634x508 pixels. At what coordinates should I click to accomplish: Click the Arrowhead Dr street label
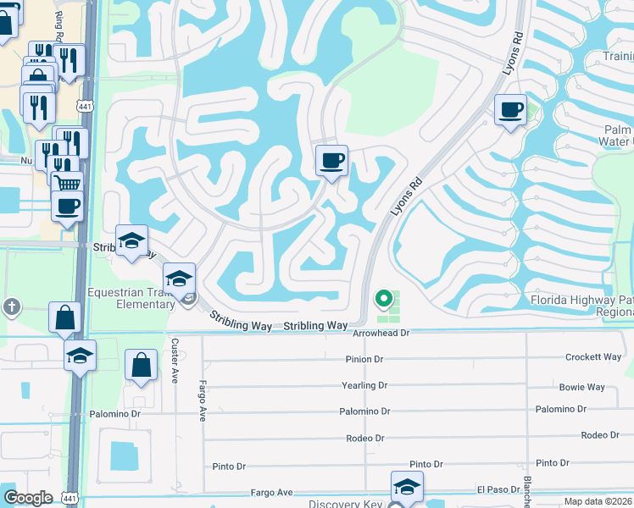click(381, 334)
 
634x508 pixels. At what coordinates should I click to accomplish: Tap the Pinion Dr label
click(365, 359)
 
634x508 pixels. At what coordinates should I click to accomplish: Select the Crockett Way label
click(593, 357)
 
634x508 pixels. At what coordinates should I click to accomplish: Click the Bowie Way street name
click(581, 387)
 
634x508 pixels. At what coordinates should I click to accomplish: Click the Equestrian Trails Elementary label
click(131, 299)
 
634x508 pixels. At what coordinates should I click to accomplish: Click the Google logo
click(28, 498)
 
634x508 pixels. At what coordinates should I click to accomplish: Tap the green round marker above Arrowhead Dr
click(384, 298)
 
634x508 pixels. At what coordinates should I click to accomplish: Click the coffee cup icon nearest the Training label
click(510, 110)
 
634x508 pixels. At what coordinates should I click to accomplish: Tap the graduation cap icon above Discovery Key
click(407, 486)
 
